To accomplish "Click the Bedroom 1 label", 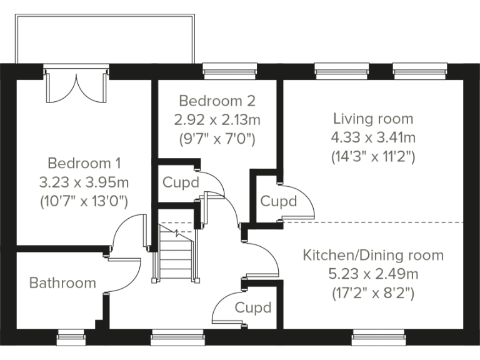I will tap(84, 163).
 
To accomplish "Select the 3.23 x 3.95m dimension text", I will tap(84, 182).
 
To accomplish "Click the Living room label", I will tap(373, 118).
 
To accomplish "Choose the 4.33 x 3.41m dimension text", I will tap(373, 137).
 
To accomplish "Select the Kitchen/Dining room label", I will tap(373, 255).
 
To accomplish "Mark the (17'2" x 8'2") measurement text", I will tap(373, 292).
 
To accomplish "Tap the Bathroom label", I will tap(63, 283).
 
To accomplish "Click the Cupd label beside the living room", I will tap(278, 202).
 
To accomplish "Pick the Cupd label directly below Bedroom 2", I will tap(181, 183).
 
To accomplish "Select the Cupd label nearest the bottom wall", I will tap(253, 307).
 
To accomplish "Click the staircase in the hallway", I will tap(174, 253).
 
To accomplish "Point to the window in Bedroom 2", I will tap(230, 70).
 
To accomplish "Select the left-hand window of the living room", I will tap(336, 70).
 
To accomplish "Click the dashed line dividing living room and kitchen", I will tap(375, 222).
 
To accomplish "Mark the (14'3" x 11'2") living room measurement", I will tap(373, 156).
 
